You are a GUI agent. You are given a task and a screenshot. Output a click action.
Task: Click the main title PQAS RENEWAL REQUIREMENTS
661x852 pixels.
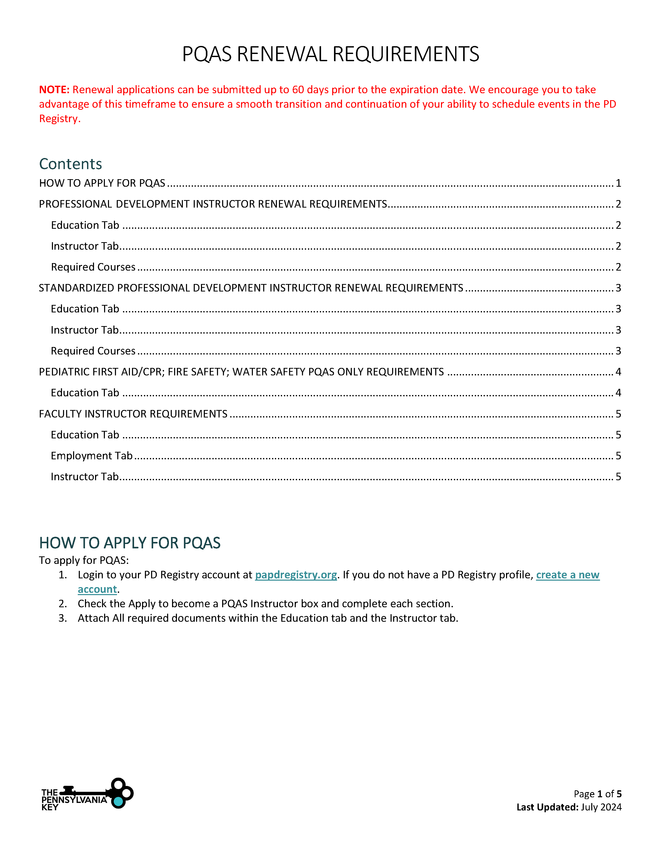[331, 54]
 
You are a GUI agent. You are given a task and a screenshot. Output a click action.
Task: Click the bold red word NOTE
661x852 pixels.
[54, 90]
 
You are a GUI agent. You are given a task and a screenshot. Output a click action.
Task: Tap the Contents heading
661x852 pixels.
[70, 164]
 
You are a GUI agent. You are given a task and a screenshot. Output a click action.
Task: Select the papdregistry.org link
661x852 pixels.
[296, 575]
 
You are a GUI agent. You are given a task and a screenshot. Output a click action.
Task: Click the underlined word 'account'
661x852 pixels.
[97, 589]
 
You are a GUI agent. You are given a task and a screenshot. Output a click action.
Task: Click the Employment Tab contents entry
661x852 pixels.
[92, 456]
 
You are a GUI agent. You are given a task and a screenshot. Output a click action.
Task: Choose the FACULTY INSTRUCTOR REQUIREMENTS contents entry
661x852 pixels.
[133, 414]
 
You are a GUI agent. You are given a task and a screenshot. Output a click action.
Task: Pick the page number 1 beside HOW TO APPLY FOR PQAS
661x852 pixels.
[618, 183]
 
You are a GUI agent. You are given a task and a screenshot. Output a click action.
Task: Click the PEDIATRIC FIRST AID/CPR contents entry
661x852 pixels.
[241, 372]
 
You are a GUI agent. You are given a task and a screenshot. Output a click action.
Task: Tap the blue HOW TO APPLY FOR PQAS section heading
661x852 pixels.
[130, 543]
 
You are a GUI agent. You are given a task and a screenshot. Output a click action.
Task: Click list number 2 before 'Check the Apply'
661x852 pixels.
[63, 604]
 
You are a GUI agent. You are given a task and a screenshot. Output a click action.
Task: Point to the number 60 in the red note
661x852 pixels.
[298, 90]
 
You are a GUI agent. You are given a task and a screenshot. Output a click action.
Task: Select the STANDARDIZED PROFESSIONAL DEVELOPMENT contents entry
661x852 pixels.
[251, 288]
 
